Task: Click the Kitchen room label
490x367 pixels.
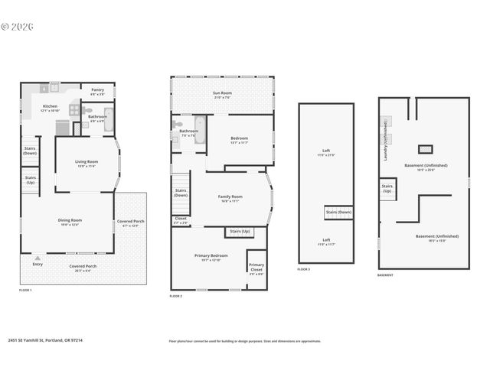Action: click(50, 106)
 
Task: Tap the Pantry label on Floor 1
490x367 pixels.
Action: click(98, 89)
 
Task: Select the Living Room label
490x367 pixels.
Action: click(86, 161)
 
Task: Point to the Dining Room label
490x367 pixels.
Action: click(70, 221)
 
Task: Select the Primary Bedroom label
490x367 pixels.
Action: click(210, 256)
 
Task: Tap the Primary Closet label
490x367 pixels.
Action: click(256, 267)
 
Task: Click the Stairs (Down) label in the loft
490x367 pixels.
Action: click(338, 212)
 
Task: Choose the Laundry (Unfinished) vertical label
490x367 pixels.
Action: click(385, 141)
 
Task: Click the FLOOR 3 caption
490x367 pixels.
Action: click(304, 270)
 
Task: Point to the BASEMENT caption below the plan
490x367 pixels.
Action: click(386, 275)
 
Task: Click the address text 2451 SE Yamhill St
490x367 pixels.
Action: click(45, 341)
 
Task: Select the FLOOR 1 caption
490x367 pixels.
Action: click(26, 291)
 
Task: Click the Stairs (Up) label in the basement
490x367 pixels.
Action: click(387, 187)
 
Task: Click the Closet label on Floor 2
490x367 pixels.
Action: click(181, 219)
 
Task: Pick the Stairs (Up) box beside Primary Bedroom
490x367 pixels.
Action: click(239, 230)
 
